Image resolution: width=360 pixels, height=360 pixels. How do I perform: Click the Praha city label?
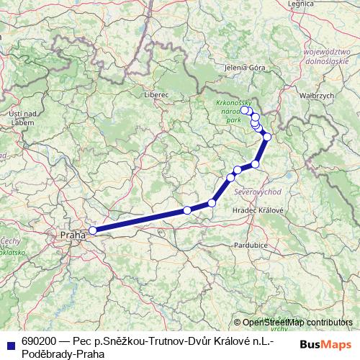pyautogui.click(x=73, y=235)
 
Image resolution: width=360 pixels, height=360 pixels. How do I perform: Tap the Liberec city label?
pyautogui.click(x=156, y=94)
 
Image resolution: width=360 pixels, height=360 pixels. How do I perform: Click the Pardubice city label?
pyautogui.click(x=251, y=245)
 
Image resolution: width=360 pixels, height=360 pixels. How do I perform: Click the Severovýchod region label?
pyautogui.click(x=258, y=192)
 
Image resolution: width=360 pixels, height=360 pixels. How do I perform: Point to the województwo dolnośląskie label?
pyautogui.click(x=331, y=57)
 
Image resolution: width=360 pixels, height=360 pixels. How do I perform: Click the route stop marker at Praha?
pyautogui.click(x=93, y=230)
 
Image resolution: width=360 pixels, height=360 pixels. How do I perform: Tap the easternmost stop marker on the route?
pyautogui.click(x=267, y=137)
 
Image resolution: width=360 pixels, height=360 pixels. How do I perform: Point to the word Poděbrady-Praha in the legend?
pyautogui.click(x=63, y=354)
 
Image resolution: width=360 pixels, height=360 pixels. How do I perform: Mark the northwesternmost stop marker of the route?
pyautogui.click(x=245, y=110)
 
